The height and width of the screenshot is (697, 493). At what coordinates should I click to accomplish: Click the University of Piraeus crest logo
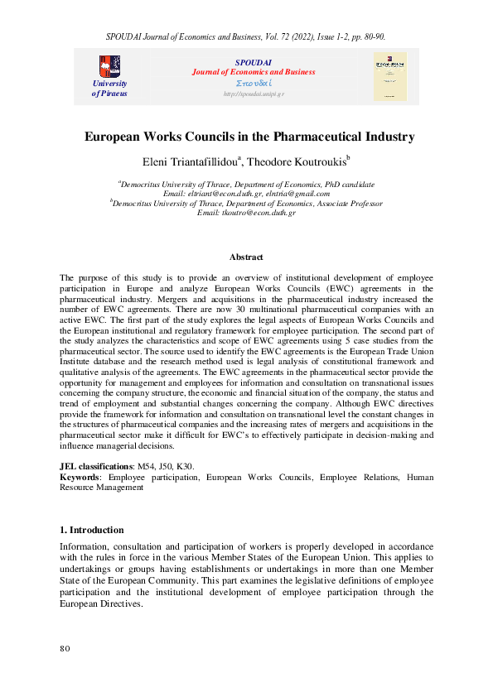coord(109,65)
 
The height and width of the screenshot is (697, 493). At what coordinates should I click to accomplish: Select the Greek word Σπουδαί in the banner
coord(253,84)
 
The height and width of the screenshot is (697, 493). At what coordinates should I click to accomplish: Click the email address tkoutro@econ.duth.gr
coord(247,213)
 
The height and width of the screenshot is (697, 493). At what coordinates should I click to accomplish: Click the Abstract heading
coord(246,257)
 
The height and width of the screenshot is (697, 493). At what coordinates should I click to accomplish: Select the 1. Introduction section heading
coord(92,530)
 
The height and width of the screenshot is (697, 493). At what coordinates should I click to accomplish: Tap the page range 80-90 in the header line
coord(370,36)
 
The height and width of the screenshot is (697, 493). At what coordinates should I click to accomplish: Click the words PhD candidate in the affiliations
coord(345,183)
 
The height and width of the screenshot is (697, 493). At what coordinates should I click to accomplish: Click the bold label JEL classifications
coord(95,468)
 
